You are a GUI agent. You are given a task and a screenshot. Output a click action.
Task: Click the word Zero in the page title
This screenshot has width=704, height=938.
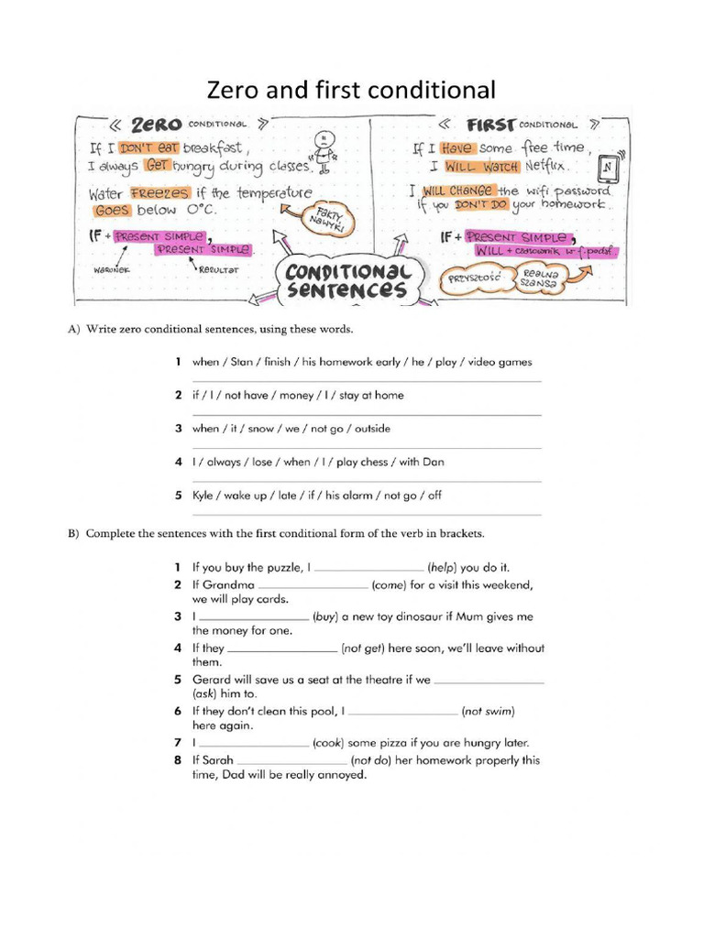point(232,90)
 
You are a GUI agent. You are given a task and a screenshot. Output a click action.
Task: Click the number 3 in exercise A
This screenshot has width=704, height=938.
point(180,429)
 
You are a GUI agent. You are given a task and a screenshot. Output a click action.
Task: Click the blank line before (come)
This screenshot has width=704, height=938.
point(313,584)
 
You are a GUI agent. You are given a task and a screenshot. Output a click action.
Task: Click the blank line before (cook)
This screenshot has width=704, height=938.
point(253,744)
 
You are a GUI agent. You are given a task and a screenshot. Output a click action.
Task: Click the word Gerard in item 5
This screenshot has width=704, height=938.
point(212,680)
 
